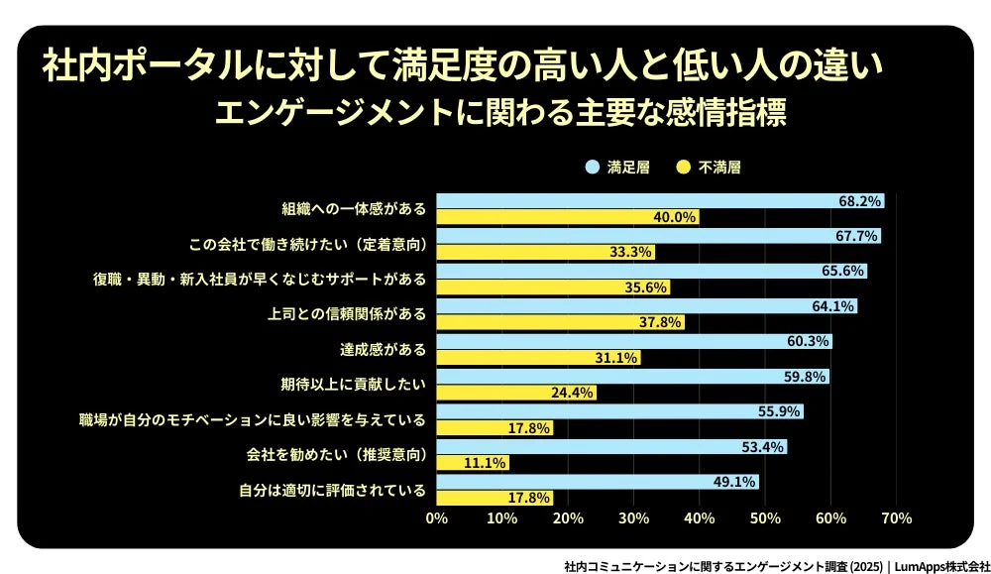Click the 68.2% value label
tap(859, 200)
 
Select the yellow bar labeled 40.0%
tap(568, 217)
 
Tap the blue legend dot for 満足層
tap(592, 168)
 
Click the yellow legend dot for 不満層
tap(683, 168)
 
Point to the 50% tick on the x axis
tap(764, 517)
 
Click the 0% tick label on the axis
tap(437, 517)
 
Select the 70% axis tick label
tap(896, 517)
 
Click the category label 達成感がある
tap(384, 349)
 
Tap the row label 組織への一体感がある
tap(354, 209)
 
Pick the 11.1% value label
tap(487, 462)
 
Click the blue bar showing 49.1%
tap(598, 481)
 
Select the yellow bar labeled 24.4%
tap(516, 393)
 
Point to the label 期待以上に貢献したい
tap(354, 384)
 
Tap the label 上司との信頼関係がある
tap(347, 313)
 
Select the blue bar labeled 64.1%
tap(646, 306)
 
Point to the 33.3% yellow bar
tap(545, 252)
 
